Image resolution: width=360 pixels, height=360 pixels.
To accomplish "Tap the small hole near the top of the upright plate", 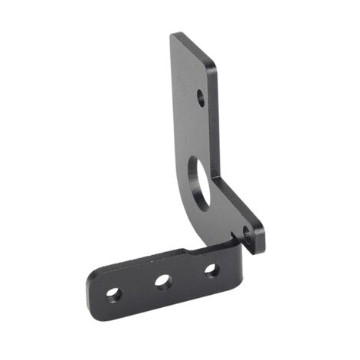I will (201, 97).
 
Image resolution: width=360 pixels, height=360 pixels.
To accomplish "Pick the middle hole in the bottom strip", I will (162, 281).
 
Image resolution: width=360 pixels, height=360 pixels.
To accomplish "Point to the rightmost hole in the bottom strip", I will (211, 269).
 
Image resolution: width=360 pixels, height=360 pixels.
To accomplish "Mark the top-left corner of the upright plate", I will (172, 34).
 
